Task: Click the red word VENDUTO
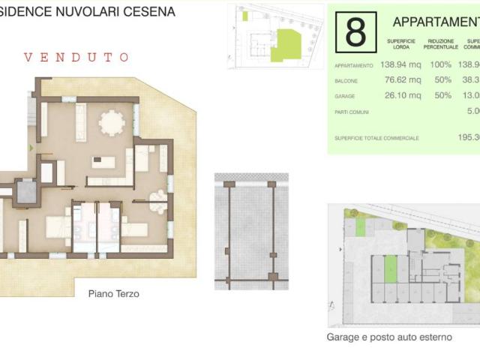pos(76,57)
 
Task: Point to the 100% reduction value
pos(439,66)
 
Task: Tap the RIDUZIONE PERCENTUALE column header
pos(440,43)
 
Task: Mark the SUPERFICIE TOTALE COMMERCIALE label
pos(376,138)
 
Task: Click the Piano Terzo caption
pos(113,294)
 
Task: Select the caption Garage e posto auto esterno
pos(389,337)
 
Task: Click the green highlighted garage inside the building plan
pos(389,269)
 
